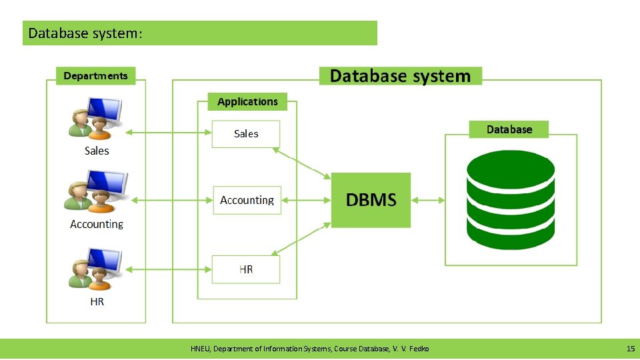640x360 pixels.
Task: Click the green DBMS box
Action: pyautogui.click(x=371, y=200)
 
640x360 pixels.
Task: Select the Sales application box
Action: pyautogui.click(x=245, y=134)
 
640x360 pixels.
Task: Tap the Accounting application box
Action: pyautogui.click(x=247, y=200)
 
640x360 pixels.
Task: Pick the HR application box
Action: pyautogui.click(x=245, y=269)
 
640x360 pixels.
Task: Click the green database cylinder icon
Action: pyautogui.click(x=510, y=200)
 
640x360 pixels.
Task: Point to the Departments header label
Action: pyautogui.click(x=95, y=76)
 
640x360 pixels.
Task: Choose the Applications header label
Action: pyautogui.click(x=247, y=101)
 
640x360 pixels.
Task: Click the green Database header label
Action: pyautogui.click(x=509, y=129)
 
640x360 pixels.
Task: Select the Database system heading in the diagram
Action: pyautogui.click(x=400, y=76)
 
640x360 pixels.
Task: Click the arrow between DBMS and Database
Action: pyautogui.click(x=428, y=200)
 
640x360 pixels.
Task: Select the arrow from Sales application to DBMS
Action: pyautogui.click(x=302, y=163)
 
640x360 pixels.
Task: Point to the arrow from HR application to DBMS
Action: pyautogui.click(x=302, y=239)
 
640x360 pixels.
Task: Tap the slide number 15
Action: pyautogui.click(x=630, y=349)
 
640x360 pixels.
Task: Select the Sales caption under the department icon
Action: pyautogui.click(x=97, y=151)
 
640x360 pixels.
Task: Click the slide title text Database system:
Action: pyautogui.click(x=85, y=33)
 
